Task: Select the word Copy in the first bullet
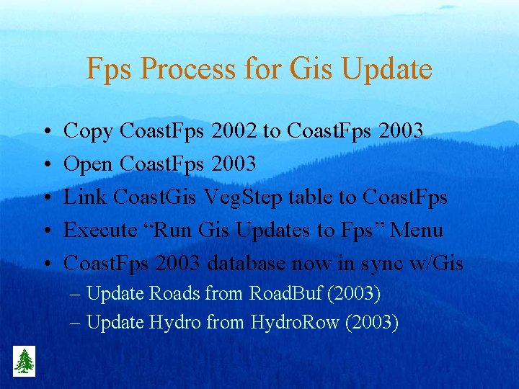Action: coord(89,131)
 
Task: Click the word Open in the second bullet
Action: coord(89,164)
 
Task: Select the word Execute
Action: coord(101,230)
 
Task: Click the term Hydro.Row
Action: coord(294,322)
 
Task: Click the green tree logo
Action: coord(25,360)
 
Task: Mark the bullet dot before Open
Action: coord(45,164)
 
